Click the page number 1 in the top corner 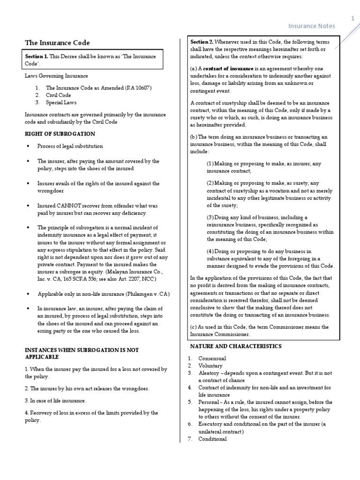coord(352,18)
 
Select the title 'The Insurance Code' coord(57,43)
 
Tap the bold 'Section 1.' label coord(37,56)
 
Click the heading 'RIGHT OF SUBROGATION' coord(60,134)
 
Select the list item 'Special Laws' coord(61,102)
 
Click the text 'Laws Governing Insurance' coord(56,76)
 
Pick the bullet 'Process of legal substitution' coord(70,146)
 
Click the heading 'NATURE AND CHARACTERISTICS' coord(235,346)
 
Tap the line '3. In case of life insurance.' coord(56,401)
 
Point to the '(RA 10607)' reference coord(136,88)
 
